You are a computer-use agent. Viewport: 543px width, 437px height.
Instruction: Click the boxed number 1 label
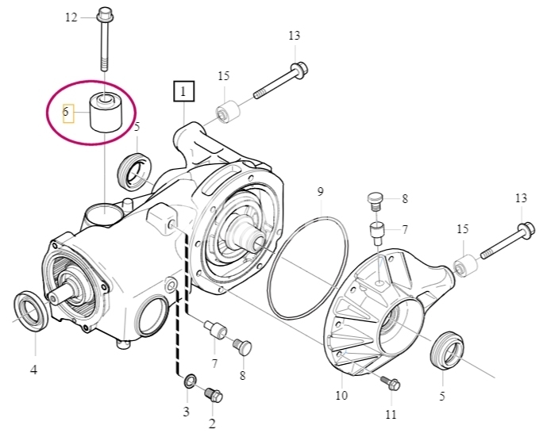(183, 91)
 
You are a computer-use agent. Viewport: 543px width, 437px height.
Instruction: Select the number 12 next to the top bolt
(71, 17)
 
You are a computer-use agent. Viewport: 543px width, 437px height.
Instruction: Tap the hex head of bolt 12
(104, 13)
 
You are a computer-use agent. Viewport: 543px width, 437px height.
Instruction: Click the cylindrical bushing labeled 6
(105, 112)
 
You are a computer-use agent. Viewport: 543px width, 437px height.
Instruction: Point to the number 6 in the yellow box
(66, 112)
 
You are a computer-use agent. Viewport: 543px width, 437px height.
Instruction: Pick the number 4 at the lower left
(33, 370)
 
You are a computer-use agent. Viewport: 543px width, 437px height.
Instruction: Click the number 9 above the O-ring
(321, 191)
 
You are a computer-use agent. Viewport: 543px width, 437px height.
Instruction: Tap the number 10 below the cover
(341, 395)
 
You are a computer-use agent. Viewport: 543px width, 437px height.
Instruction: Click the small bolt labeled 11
(391, 383)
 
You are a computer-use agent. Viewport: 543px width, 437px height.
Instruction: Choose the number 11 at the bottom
(391, 414)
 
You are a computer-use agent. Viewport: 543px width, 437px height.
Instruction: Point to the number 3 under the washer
(187, 412)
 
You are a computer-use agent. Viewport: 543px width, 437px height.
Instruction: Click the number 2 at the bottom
(212, 424)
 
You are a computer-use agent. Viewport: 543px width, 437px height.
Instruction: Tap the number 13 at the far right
(521, 198)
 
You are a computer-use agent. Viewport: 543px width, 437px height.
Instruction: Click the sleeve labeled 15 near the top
(228, 112)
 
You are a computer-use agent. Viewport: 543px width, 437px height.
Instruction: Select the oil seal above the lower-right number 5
(447, 350)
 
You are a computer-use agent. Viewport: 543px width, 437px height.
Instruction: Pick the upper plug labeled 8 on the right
(375, 201)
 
